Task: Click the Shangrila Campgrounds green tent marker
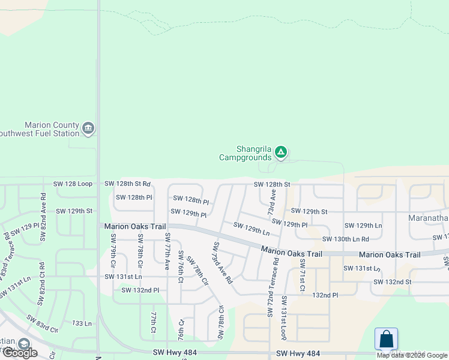[281, 152]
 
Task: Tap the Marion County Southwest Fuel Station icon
[88, 128]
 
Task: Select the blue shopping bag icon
[386, 339]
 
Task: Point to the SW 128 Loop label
[73, 184]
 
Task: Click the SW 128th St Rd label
[127, 184]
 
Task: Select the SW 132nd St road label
[392, 281]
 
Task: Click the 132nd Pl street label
[325, 295]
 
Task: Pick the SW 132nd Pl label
[140, 290]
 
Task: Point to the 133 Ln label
[82, 323]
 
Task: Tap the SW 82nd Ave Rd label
[43, 217]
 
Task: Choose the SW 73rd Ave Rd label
[221, 262]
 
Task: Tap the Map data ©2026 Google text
[412, 355]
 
